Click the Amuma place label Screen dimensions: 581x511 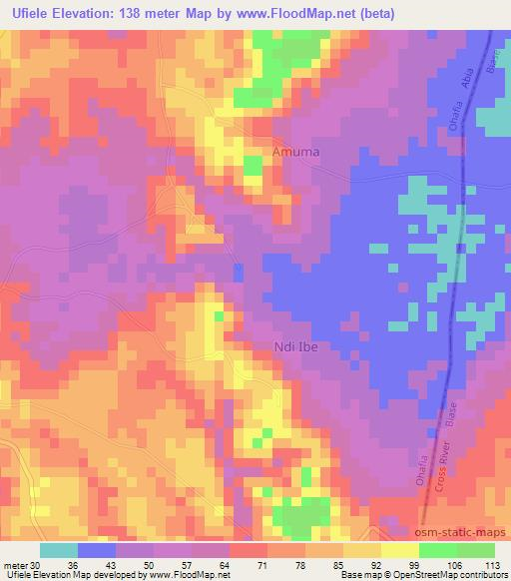pos(296,153)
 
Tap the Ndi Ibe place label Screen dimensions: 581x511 pos(297,347)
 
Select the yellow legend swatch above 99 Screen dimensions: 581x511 pos(399,550)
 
